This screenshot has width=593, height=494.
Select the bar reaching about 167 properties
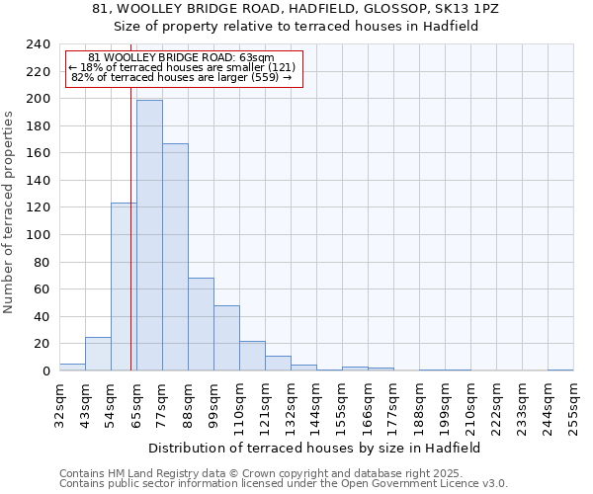pyautogui.click(x=175, y=257)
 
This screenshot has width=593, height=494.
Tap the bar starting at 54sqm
pyautogui.click(x=124, y=287)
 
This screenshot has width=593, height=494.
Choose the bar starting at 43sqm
pyautogui.click(x=98, y=354)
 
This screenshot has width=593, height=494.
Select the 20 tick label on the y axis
pyautogui.click(x=42, y=344)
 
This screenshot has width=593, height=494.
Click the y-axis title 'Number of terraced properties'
pyautogui.click(x=9, y=212)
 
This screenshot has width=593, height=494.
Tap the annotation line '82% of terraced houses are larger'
pyautogui.click(x=182, y=77)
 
